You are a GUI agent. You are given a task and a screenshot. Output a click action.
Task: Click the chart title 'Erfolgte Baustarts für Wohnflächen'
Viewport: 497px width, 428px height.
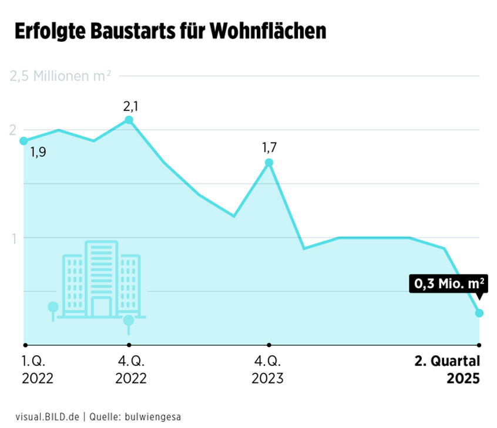pyautogui.click(x=170, y=31)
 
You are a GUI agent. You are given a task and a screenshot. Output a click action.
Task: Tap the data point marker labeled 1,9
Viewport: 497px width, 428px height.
pyautogui.click(x=23, y=141)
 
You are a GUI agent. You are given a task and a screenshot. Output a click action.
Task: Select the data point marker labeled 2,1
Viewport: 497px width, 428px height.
pyautogui.click(x=129, y=120)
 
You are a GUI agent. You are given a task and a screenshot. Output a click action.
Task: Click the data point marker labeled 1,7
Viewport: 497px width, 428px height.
pyautogui.click(x=268, y=163)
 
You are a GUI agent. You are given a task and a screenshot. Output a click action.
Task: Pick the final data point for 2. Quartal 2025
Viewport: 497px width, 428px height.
pyautogui.click(x=479, y=313)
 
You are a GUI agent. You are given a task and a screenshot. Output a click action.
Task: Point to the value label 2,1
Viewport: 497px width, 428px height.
pyautogui.click(x=130, y=106)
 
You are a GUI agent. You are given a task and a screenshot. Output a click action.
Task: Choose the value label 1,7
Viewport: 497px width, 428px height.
pyautogui.click(x=269, y=147)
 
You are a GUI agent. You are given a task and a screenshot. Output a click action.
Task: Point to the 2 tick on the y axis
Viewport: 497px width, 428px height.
pyautogui.click(x=12, y=130)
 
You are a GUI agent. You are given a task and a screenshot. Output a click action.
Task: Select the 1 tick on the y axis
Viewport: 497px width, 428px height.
pyautogui.click(x=12, y=237)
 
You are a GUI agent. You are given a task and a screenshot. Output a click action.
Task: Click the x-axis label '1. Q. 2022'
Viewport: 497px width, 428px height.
pyautogui.click(x=38, y=369)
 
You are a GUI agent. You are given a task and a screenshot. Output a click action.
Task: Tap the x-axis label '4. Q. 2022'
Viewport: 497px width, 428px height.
pyautogui.click(x=131, y=369)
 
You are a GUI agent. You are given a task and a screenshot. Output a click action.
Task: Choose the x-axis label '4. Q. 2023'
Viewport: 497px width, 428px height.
pyautogui.click(x=267, y=369)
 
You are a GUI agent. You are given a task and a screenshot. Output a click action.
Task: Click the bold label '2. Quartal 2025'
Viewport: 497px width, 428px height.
pyautogui.click(x=447, y=369)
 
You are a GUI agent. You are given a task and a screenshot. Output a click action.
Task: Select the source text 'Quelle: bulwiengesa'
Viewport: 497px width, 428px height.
pyautogui.click(x=135, y=417)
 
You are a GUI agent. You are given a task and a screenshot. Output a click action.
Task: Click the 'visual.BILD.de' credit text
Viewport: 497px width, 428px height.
pyautogui.click(x=47, y=417)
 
